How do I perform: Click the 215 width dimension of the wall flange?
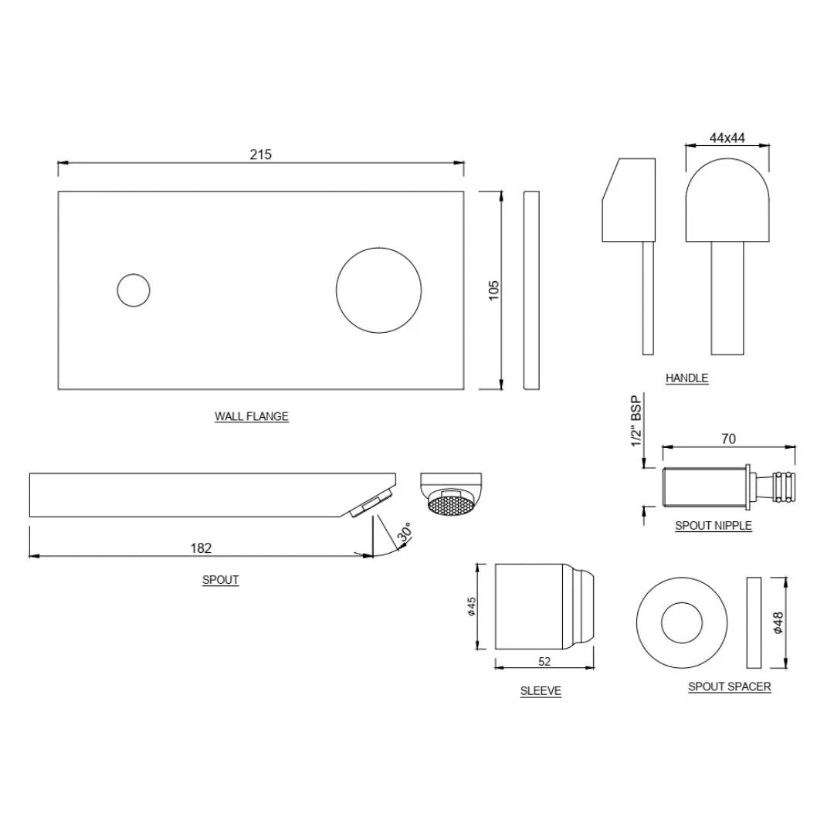(x=260, y=154)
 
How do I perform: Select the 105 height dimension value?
(x=494, y=290)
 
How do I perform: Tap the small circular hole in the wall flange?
(x=133, y=290)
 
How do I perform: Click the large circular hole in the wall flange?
(x=378, y=290)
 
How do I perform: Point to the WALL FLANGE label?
(x=251, y=416)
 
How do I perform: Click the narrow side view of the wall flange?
(x=531, y=290)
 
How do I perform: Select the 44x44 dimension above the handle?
(x=727, y=138)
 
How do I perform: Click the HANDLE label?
(x=687, y=378)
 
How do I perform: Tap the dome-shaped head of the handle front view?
(x=727, y=199)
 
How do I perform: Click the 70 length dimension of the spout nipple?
(x=728, y=439)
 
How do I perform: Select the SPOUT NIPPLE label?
(x=713, y=526)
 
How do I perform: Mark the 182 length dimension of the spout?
(x=201, y=548)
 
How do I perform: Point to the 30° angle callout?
(x=405, y=534)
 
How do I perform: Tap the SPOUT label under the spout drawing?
(x=220, y=580)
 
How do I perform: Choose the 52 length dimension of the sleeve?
(x=544, y=661)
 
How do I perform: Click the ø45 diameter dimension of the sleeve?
(x=471, y=606)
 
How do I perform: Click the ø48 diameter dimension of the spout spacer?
(x=778, y=622)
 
